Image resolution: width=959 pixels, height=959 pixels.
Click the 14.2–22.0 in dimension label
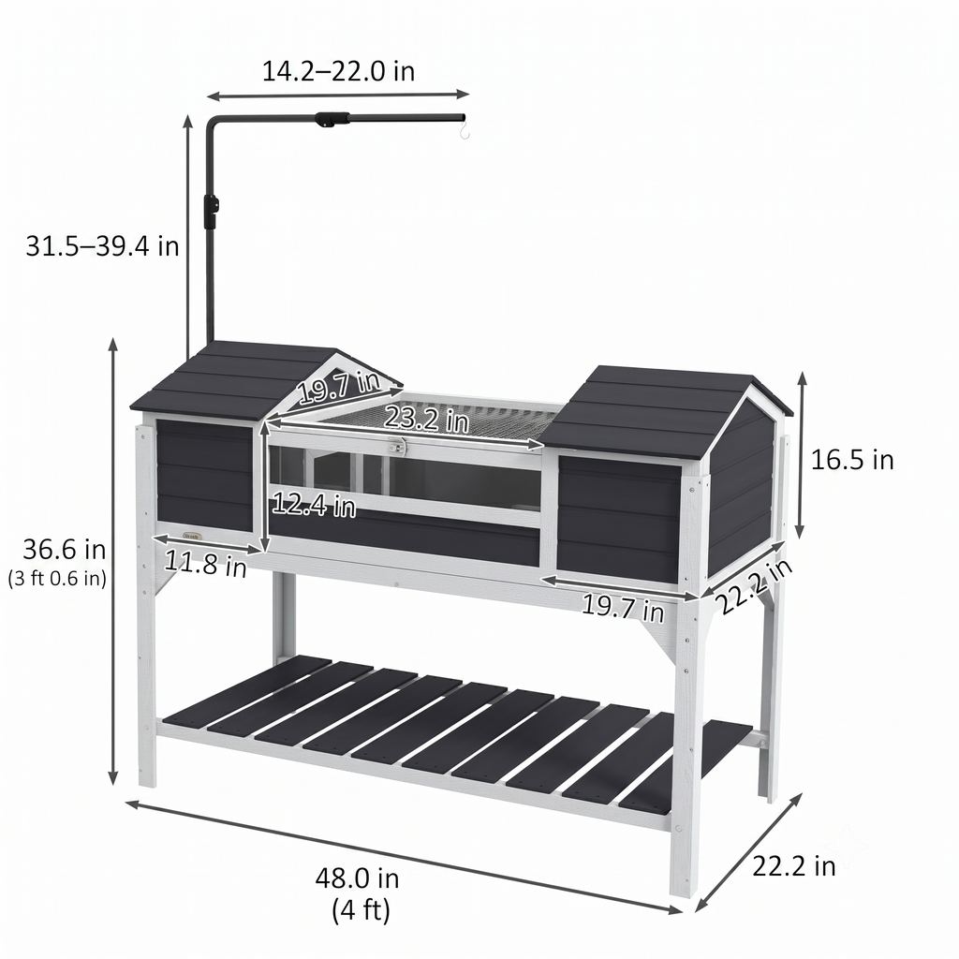(x=338, y=71)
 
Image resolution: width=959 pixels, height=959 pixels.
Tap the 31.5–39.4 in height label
(x=102, y=246)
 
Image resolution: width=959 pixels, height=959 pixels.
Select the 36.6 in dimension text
(x=65, y=549)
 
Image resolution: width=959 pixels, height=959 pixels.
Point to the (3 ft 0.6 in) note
(x=57, y=578)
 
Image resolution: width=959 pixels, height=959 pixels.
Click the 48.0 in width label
(x=357, y=878)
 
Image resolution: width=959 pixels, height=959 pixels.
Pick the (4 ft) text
(x=361, y=909)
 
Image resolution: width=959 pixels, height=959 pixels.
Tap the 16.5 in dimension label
(x=852, y=460)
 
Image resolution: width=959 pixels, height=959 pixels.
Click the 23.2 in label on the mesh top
(x=426, y=420)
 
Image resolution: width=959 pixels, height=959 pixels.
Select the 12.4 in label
(x=314, y=504)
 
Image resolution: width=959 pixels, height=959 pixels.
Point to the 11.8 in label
(x=205, y=563)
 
